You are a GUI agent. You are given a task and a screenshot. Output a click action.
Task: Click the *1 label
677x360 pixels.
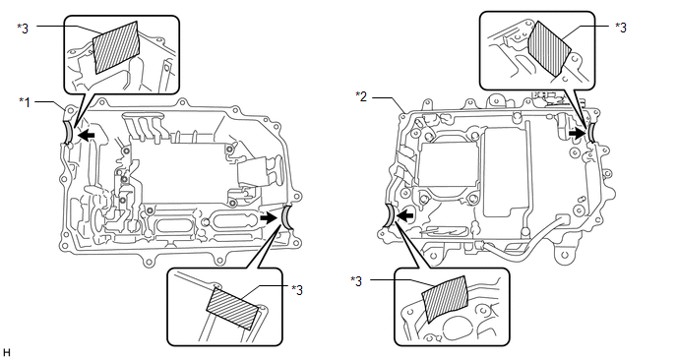25,102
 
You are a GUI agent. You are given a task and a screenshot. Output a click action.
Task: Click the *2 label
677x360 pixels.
361,96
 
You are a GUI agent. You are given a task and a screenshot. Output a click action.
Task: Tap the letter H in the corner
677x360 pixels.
6,353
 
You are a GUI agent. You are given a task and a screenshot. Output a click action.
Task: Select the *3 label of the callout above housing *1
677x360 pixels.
23,29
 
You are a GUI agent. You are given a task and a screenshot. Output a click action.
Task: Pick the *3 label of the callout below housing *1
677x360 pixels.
297,290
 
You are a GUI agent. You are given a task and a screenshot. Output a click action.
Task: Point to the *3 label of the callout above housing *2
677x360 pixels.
621,28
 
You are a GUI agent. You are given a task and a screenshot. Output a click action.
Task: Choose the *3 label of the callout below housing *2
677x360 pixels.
356,281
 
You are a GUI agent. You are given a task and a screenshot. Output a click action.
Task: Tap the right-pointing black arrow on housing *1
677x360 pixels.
269,218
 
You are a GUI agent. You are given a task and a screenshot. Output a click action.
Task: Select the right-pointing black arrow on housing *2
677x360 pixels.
577,134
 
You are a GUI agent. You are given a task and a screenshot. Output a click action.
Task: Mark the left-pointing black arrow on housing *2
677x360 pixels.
405,214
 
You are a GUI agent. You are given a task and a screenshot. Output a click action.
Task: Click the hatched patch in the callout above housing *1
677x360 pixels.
117,47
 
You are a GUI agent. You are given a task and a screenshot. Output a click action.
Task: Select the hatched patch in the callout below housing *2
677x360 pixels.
445,299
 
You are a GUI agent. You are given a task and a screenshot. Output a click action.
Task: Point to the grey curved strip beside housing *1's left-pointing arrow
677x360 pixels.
68,133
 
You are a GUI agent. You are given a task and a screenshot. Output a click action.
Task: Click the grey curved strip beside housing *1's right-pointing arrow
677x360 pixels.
286,218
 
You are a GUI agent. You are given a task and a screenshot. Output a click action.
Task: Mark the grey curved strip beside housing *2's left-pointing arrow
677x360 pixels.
388,215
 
